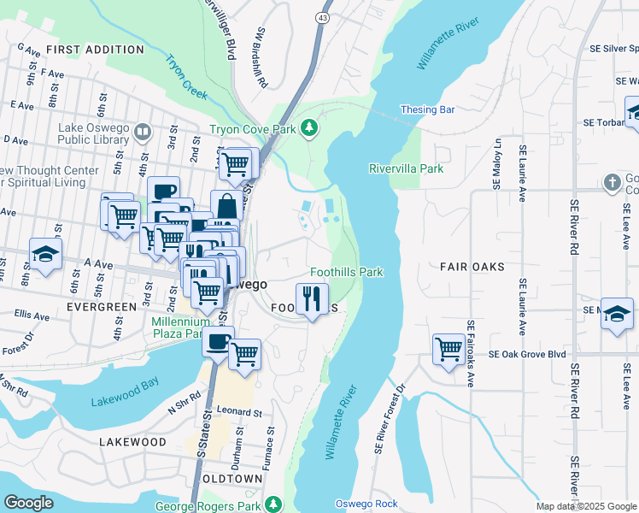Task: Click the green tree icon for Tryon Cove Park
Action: click(x=308, y=130)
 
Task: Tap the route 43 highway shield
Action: click(x=322, y=16)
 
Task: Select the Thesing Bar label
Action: click(x=428, y=109)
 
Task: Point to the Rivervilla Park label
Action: click(x=406, y=168)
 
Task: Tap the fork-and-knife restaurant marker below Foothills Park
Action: click(x=312, y=298)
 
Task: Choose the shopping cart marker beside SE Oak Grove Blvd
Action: click(x=448, y=348)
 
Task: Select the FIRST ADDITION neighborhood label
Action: click(x=95, y=50)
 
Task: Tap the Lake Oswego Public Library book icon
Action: click(x=143, y=133)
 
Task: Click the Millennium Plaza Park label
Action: click(x=179, y=328)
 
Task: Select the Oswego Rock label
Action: click(x=366, y=503)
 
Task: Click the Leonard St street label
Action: click(x=238, y=412)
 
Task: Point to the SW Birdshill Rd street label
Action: click(x=261, y=58)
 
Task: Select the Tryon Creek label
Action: click(x=186, y=76)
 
